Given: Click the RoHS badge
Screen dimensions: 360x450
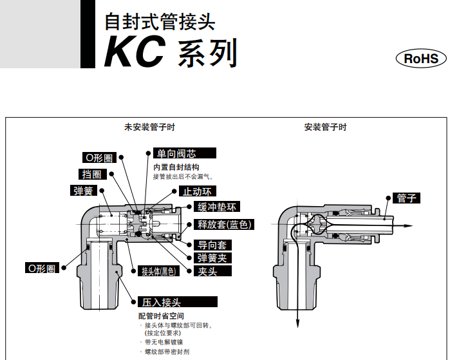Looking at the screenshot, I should point(420,59).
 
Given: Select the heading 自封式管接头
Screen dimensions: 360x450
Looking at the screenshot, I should point(160,22).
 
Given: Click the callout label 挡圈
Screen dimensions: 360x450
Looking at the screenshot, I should point(91,174).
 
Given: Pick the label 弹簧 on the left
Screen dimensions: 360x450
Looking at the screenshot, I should point(84,191).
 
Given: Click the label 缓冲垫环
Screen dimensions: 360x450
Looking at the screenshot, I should point(218,207).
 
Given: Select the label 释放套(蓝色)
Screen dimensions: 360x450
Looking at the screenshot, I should point(224,224).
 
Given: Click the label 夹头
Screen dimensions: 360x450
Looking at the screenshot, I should point(205,271).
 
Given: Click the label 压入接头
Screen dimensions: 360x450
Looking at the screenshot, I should point(162,301).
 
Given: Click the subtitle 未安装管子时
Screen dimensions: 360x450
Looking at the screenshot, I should point(149,127).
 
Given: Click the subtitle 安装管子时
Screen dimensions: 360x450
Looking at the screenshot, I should point(325,127).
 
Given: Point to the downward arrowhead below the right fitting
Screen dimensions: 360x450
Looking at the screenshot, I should point(297,325).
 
